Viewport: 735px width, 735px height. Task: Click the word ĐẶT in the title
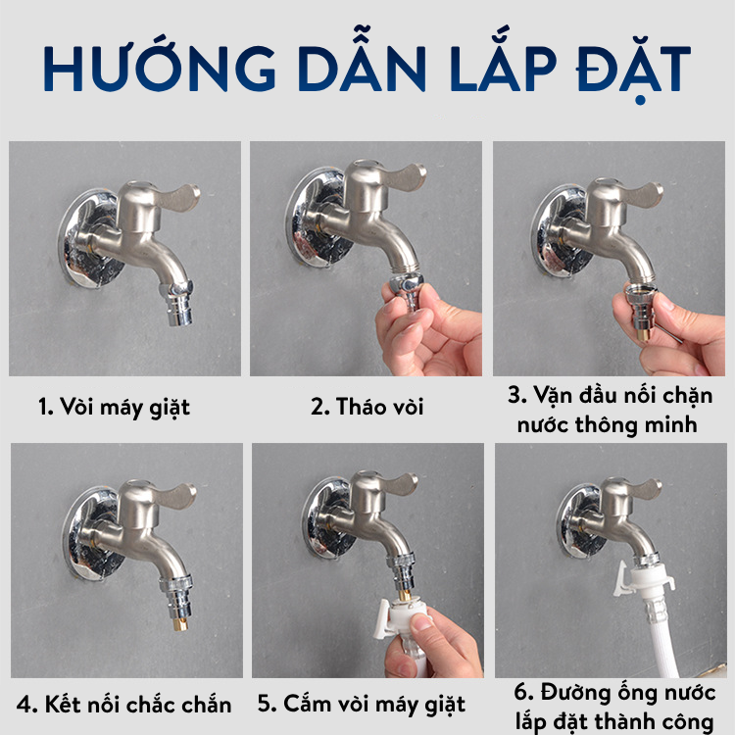click(x=633, y=68)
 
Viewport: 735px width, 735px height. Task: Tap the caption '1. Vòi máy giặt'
click(x=115, y=408)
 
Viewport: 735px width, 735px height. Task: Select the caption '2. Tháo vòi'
click(x=367, y=407)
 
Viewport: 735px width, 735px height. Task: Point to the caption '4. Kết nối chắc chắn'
click(x=124, y=705)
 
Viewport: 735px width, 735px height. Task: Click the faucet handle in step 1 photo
click(x=179, y=196)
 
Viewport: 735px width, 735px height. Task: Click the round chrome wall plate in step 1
click(x=89, y=239)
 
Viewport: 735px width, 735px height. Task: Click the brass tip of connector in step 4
click(x=180, y=624)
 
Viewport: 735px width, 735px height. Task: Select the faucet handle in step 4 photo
click(x=177, y=496)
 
